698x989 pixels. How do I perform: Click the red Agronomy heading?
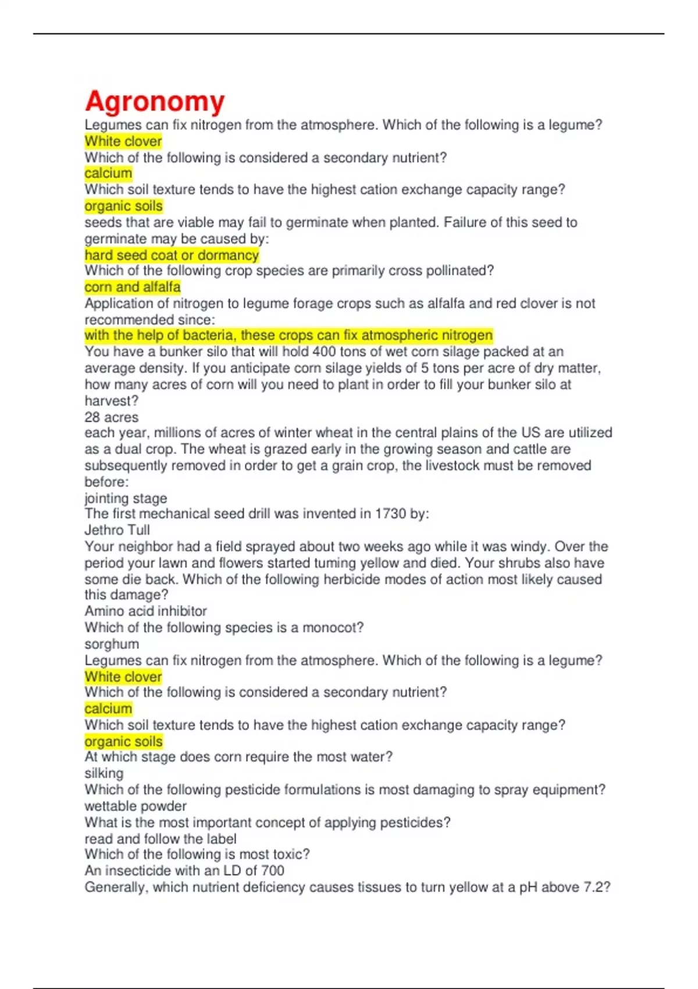click(x=155, y=101)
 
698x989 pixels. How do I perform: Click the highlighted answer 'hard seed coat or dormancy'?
click(x=172, y=255)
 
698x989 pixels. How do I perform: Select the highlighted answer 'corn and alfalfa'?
click(x=133, y=287)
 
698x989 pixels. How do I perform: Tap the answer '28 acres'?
click(x=112, y=417)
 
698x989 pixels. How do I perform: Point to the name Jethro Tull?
click(x=117, y=530)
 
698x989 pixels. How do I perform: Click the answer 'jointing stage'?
click(x=126, y=498)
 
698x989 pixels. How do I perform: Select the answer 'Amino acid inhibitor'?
click(x=145, y=611)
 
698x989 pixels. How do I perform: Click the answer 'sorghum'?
click(x=112, y=644)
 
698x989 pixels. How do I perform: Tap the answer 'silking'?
click(x=104, y=773)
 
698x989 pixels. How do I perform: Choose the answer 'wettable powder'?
click(x=136, y=806)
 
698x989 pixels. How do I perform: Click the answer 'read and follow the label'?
click(x=161, y=839)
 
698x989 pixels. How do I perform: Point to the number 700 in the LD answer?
click(x=273, y=871)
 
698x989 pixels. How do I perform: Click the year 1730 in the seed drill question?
click(x=390, y=514)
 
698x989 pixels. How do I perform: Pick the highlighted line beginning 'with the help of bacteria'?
click(x=289, y=336)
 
